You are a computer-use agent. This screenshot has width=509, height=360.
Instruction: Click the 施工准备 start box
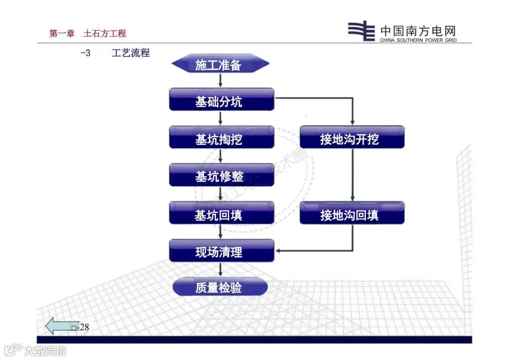pyautogui.click(x=220, y=64)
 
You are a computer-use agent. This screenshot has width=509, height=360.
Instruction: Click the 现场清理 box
pyautogui.click(x=222, y=251)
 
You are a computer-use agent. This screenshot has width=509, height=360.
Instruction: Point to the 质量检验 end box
pyautogui.click(x=220, y=286)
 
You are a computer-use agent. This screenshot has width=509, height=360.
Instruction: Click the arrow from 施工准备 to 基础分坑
pyautogui.click(x=220, y=81)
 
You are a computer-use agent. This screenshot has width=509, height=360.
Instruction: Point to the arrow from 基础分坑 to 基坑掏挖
pyautogui.click(x=220, y=118)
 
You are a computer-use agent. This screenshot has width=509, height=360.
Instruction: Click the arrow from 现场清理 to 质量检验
pyautogui.click(x=220, y=270)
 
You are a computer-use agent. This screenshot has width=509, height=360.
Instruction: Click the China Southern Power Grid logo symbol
pyautogui.click(x=361, y=32)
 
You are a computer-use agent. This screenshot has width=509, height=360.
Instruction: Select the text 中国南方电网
pyautogui.click(x=419, y=31)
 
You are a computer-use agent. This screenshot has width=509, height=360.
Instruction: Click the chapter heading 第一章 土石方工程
pyautogui.click(x=88, y=33)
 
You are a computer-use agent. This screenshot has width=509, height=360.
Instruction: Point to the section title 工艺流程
pyautogui.click(x=131, y=53)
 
